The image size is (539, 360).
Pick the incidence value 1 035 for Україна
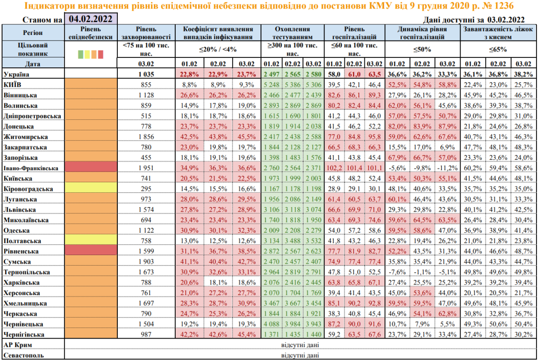(147, 74)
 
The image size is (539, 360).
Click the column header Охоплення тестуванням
(292, 33)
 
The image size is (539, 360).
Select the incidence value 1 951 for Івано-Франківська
(147, 168)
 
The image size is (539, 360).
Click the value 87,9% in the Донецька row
(447, 126)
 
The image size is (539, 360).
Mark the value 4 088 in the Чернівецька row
(271, 324)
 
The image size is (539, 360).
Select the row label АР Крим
(17, 345)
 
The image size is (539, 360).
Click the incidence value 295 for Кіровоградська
(147, 189)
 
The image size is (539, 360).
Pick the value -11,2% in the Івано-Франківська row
(447, 168)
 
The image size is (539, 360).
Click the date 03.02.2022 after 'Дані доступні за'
(506, 20)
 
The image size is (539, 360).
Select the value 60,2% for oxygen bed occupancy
(472, 168)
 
